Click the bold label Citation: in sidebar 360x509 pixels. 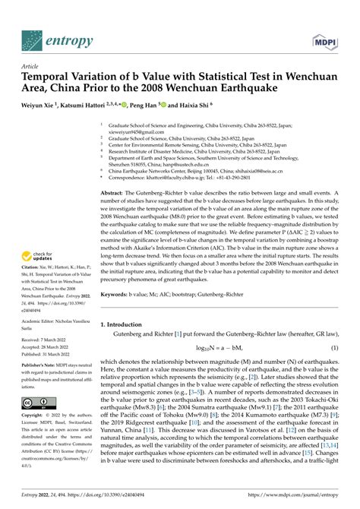click(31, 279)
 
